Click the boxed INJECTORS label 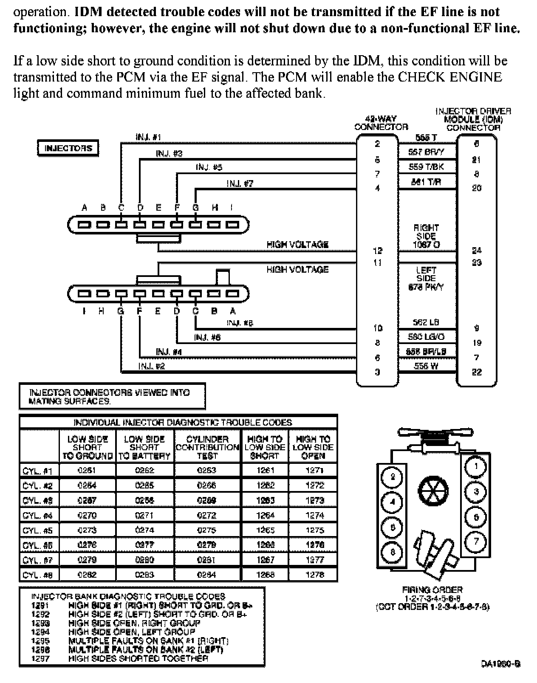coord(68,148)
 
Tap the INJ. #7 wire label coord(240,183)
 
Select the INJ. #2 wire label coord(151,366)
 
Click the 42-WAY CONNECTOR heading coord(381,123)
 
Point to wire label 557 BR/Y coord(426,152)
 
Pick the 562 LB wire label coord(426,323)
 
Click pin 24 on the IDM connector coord(477,251)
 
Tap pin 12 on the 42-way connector coord(377,251)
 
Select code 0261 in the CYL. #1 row coord(87,470)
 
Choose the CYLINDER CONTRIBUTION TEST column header coord(207,447)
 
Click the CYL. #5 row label coord(38,530)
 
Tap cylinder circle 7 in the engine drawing coord(476,541)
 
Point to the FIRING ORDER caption coord(432,590)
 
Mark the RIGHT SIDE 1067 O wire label coord(426,236)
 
